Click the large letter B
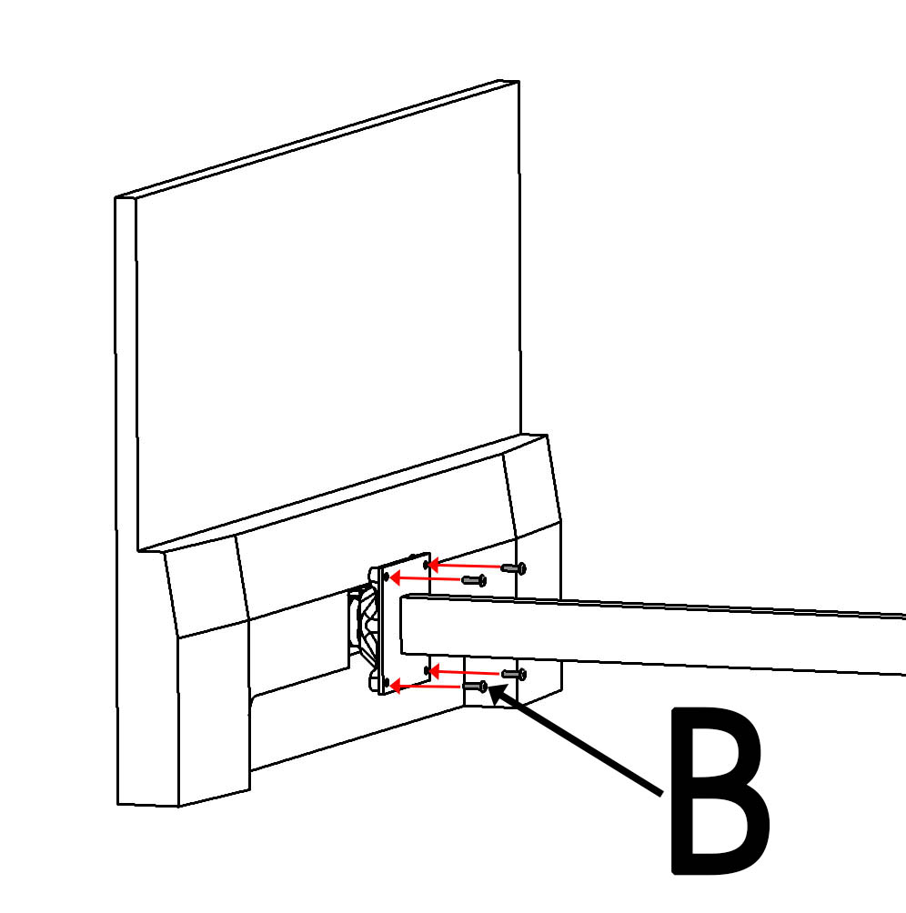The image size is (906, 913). pyautogui.click(x=720, y=791)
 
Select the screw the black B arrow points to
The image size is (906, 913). pyautogui.click(x=475, y=687)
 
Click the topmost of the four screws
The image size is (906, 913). pyautogui.click(x=514, y=567)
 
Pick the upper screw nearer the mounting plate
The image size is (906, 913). pyautogui.click(x=474, y=580)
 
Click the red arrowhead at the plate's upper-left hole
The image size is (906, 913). pyautogui.click(x=395, y=577)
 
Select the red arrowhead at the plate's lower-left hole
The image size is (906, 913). pyautogui.click(x=395, y=687)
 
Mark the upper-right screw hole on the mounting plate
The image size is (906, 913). pyautogui.click(x=427, y=565)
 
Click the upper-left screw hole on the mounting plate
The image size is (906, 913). pyautogui.click(x=386, y=577)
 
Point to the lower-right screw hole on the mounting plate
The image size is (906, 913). pyautogui.click(x=427, y=671)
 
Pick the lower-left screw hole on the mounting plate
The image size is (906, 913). pyautogui.click(x=386, y=682)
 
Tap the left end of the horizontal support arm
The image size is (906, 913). pyautogui.click(x=401, y=624)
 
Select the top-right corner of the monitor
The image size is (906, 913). pyautogui.click(x=518, y=82)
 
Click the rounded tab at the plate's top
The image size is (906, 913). pyautogui.click(x=374, y=574)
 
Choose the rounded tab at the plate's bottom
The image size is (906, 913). pyautogui.click(x=374, y=679)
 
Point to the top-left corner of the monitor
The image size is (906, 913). pyautogui.click(x=116, y=198)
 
